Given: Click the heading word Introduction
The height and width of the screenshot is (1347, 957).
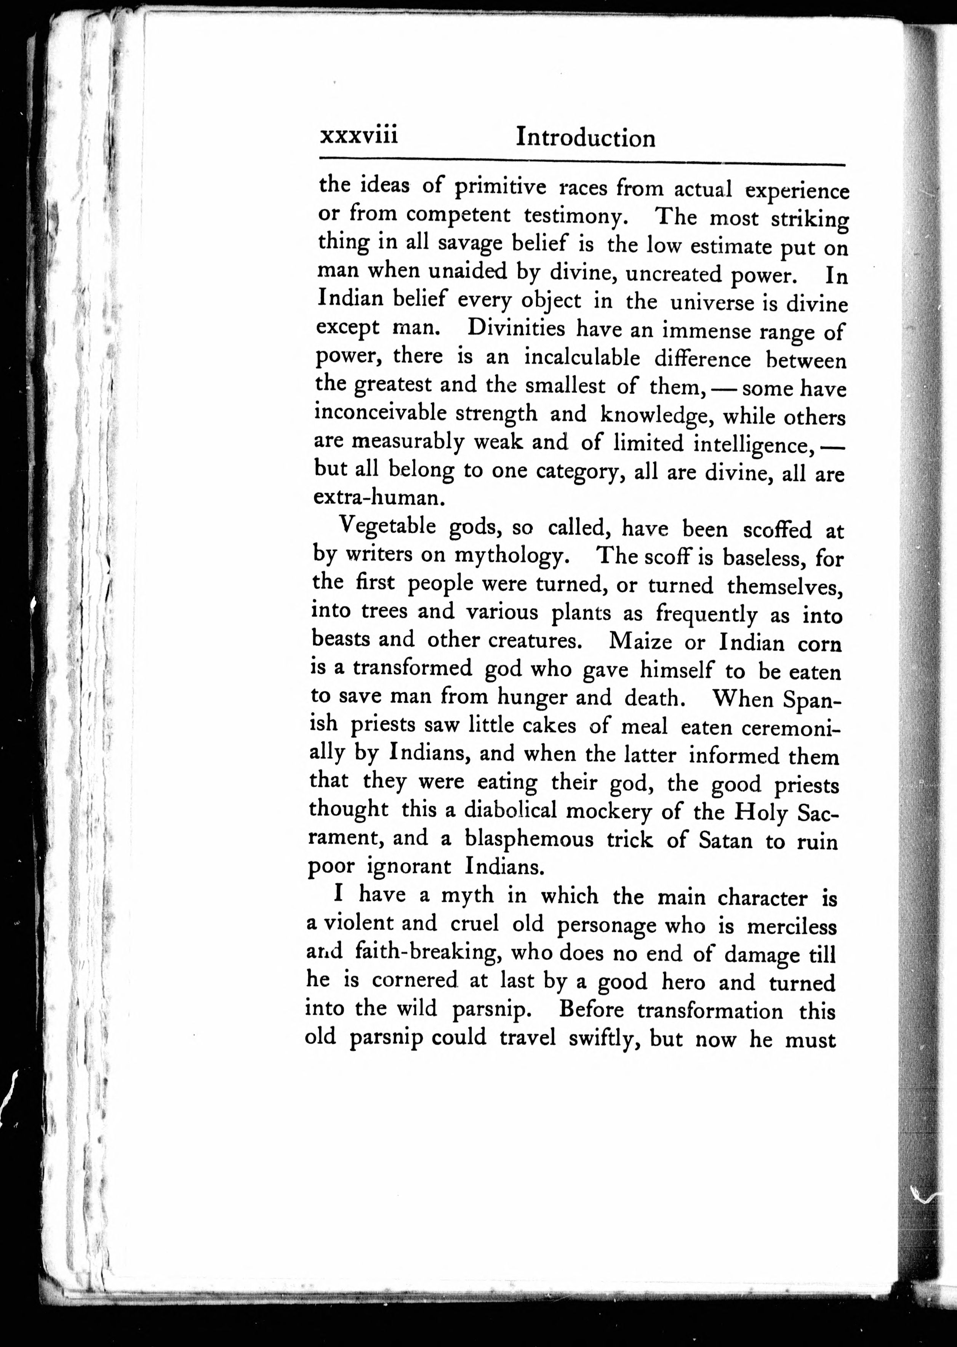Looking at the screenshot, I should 585,138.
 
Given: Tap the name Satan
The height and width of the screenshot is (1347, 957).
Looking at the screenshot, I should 725,840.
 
